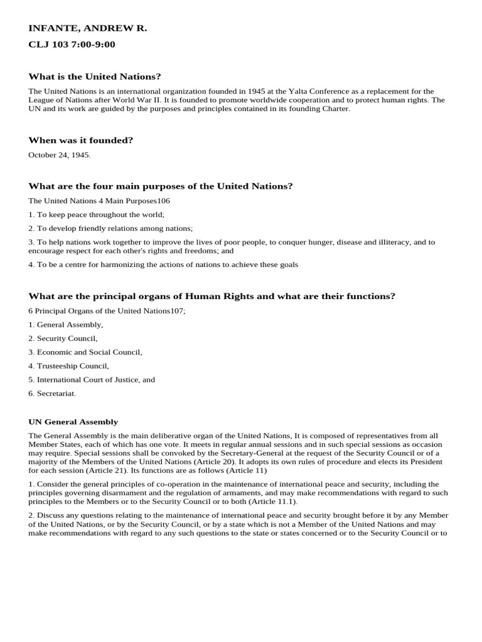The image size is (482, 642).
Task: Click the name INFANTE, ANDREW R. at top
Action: point(87,29)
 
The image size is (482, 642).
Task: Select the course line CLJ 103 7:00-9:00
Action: point(72,45)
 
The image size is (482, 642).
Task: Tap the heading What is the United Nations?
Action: point(95,76)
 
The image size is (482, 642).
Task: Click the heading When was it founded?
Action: point(81,140)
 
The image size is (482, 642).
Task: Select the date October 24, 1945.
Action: point(60,155)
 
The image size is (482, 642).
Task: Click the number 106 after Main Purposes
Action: point(163,201)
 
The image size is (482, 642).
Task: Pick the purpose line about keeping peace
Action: point(97,214)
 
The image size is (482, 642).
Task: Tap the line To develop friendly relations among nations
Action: point(111,228)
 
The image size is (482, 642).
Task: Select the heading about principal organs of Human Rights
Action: point(212,296)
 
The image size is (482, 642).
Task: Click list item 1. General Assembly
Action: point(66,325)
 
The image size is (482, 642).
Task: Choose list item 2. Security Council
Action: point(63,339)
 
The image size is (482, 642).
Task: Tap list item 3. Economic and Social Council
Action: point(85,352)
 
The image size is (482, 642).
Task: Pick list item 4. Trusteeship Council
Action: point(69,366)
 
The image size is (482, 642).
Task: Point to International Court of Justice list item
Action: point(92,380)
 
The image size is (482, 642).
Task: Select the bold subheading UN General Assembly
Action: point(73,423)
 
